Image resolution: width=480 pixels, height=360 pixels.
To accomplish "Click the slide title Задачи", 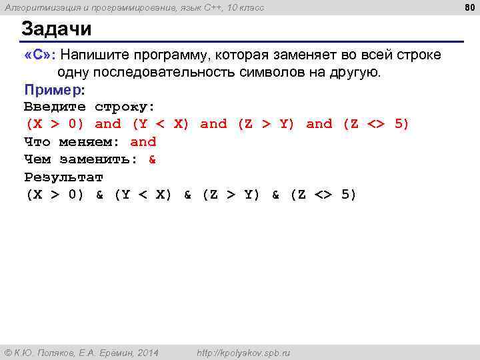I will [x=57, y=29].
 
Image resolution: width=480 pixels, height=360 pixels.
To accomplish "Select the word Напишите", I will [x=97, y=54].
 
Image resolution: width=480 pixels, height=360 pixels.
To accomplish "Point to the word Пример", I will [x=53, y=89].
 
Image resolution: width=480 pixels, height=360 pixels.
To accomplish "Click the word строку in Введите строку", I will [x=124, y=107].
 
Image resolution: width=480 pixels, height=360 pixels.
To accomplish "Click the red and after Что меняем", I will [x=143, y=142].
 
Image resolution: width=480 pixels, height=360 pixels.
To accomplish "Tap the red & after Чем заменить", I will [x=152, y=159].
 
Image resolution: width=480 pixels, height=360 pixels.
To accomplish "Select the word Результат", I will [x=63, y=177].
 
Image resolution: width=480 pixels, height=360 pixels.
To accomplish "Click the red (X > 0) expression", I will [x=55, y=124].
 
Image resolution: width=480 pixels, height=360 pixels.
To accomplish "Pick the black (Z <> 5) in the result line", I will [x=323, y=195].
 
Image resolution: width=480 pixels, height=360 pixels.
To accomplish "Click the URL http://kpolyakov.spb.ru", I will [x=243, y=353].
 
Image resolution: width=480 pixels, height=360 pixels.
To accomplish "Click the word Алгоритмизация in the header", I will [x=37, y=7].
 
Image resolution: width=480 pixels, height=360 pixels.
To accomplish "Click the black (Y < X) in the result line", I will [x=143, y=195].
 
